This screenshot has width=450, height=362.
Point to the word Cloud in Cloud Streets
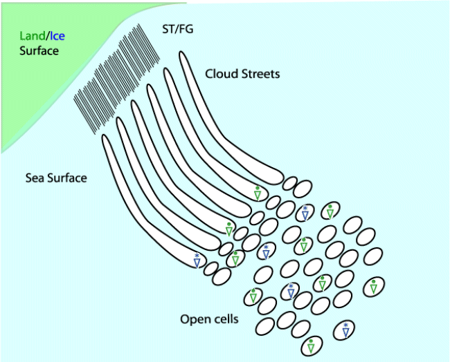coord(222,73)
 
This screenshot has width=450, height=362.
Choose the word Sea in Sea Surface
coord(36,178)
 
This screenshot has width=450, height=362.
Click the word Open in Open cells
coord(195,319)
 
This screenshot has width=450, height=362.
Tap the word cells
coord(226,319)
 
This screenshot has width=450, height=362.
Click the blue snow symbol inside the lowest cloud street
coord(197,260)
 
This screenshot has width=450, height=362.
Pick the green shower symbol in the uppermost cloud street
coord(258,193)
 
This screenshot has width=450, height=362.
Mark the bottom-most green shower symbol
coord(311,345)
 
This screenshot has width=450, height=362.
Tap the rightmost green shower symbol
coord(373,286)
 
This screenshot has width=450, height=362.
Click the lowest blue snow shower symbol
coord(345,330)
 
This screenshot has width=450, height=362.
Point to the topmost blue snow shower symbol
coord(305,212)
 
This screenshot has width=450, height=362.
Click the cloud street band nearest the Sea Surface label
coord(138,200)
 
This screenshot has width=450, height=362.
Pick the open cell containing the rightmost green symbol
coord(373,285)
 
